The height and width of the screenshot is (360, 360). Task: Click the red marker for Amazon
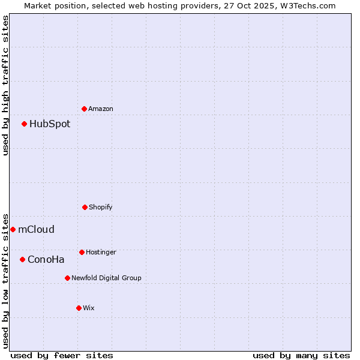pos(85,109)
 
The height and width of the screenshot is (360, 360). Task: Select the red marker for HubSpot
pos(25,124)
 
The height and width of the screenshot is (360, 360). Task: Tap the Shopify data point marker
pos(85,207)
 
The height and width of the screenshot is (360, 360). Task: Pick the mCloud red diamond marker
pos(13,229)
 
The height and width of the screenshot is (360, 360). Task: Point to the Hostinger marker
pos(82,252)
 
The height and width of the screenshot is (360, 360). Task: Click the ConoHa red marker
pos(23,259)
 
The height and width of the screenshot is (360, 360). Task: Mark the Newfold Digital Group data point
pos(67,278)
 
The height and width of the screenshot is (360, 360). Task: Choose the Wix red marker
pos(79,308)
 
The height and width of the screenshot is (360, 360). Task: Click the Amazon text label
pos(101,109)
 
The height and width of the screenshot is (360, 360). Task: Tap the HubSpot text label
pos(50,124)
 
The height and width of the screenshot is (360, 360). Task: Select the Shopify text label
pos(101,207)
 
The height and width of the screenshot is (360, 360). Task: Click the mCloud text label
pos(36,229)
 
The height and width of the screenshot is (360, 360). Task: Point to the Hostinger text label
pos(101,252)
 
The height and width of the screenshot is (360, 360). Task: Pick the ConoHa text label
pos(46,259)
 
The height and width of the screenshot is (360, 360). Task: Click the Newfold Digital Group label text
pos(106,278)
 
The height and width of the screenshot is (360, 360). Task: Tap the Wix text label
pos(89,308)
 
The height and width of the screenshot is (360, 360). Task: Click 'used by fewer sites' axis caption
pos(62,355)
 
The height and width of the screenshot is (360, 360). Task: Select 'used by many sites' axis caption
pos(301,355)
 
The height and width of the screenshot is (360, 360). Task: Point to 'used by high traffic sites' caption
pos(5,85)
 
